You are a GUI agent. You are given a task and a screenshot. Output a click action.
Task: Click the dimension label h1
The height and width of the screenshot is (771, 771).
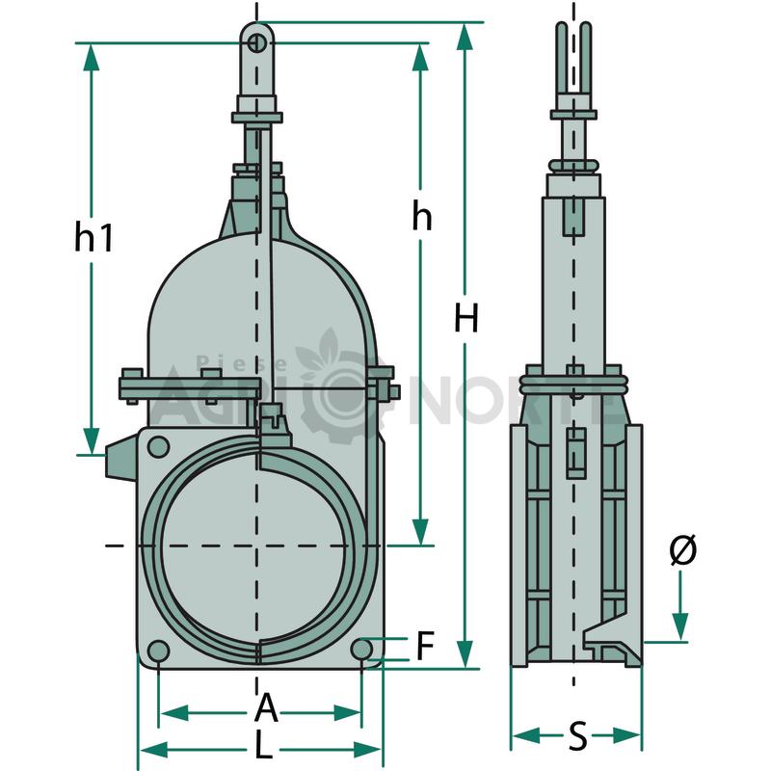click(x=93, y=236)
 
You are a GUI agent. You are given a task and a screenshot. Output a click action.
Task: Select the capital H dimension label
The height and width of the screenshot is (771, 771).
click(x=466, y=318)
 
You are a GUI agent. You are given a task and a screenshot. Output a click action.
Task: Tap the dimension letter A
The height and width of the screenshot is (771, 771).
click(x=267, y=706)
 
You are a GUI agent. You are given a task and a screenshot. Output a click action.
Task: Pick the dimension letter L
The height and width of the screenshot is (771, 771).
click(x=263, y=745)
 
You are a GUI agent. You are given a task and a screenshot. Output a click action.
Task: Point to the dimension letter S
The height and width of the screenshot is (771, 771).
click(x=577, y=735)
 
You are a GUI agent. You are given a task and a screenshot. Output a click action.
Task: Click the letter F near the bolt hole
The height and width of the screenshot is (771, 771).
click(x=425, y=645)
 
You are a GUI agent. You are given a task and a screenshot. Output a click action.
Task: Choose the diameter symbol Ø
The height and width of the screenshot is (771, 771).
click(x=683, y=548)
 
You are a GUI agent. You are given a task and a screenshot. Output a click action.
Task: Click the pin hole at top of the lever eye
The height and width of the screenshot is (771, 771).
click(x=257, y=43)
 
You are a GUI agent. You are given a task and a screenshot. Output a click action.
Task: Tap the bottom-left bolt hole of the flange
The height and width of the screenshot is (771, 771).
click(x=158, y=651)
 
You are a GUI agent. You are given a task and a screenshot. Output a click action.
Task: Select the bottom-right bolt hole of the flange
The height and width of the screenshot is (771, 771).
click(x=361, y=650)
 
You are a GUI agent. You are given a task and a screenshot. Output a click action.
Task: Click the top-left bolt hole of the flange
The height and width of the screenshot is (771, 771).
click(x=158, y=447)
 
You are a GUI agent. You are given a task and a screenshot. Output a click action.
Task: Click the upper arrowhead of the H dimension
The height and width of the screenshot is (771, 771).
click(x=465, y=37)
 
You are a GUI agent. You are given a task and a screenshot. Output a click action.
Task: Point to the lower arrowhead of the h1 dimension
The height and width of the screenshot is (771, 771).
click(x=92, y=440)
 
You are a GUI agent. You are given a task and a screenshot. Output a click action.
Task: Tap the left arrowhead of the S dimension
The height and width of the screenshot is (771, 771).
click(x=525, y=736)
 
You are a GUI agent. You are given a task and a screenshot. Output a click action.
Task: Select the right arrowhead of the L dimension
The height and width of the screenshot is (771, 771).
click(x=367, y=750)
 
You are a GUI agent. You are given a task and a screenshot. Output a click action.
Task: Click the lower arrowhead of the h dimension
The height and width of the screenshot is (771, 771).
click(x=420, y=532)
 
